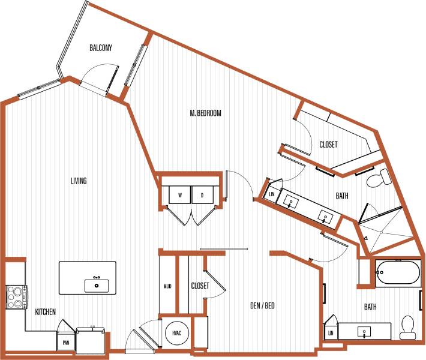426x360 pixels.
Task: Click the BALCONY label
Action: click(101, 48)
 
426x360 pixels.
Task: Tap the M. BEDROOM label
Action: click(206, 113)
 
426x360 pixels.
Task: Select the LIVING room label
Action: click(79, 181)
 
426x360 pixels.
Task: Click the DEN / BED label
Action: click(262, 306)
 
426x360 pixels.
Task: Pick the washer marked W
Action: click(179, 196)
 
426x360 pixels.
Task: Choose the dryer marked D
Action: click(202, 196)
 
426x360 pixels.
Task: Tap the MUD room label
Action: click(167, 286)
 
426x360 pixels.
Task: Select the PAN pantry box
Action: click(65, 343)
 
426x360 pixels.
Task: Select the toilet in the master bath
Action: click(381, 177)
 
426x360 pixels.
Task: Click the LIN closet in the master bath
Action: click(272, 194)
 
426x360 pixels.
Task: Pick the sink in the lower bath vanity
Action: click(365, 331)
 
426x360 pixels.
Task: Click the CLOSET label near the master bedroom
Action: click(328, 145)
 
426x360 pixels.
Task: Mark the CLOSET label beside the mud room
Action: click(200, 286)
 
